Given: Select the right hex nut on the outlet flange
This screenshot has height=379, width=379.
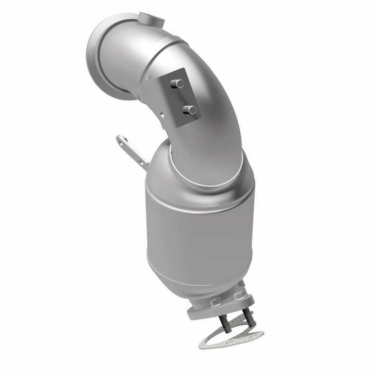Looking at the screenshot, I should click(x=237, y=296).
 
